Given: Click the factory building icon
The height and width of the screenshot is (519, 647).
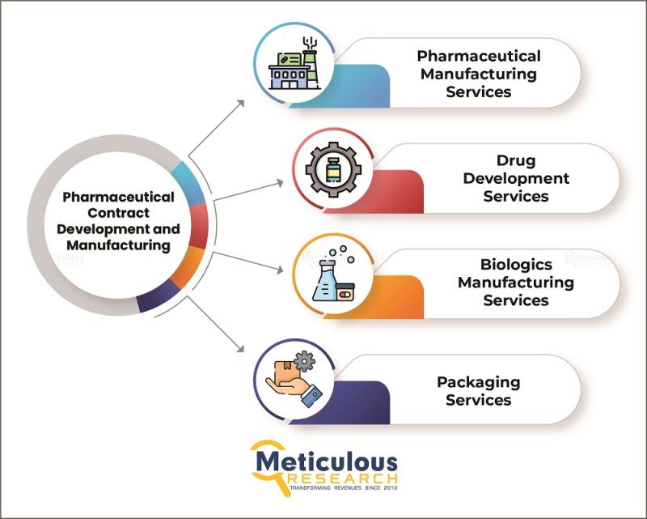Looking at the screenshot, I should coord(294,65).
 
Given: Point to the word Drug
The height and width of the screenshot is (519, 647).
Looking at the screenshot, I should coord(516,160).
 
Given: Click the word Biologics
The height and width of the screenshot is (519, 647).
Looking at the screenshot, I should coord(516,265).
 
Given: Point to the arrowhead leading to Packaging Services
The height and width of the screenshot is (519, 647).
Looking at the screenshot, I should coord(240,349).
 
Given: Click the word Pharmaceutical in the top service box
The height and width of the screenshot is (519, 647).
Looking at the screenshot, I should coord(478,56).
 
